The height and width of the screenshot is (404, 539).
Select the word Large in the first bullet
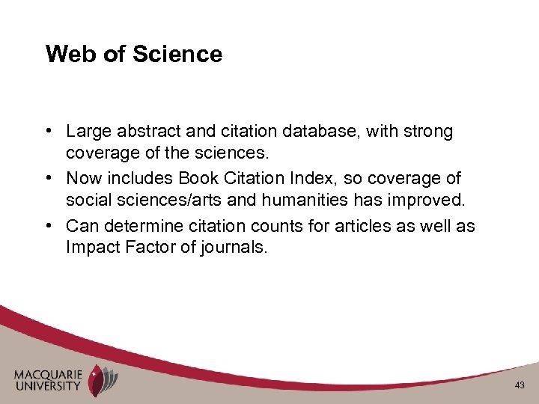pyautogui.click(x=87, y=132)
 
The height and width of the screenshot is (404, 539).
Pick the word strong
pyautogui.click(x=427, y=132)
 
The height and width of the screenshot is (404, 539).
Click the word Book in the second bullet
pyautogui.click(x=198, y=179)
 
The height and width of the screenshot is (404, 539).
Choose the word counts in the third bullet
pyautogui.click(x=274, y=226)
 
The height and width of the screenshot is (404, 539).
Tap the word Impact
pyautogui.click(x=91, y=248)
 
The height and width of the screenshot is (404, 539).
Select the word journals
pyautogui.click(x=234, y=248)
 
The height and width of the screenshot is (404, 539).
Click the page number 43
pyautogui.click(x=520, y=385)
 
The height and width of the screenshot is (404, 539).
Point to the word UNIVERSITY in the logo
pyautogui.click(x=46, y=386)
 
